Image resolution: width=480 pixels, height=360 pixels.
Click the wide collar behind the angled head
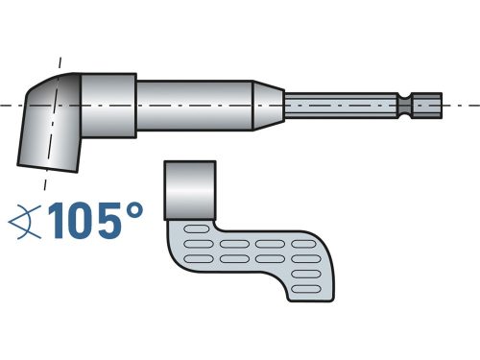pos(106,103)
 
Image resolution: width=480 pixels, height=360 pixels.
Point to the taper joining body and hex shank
pos(270,103)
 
